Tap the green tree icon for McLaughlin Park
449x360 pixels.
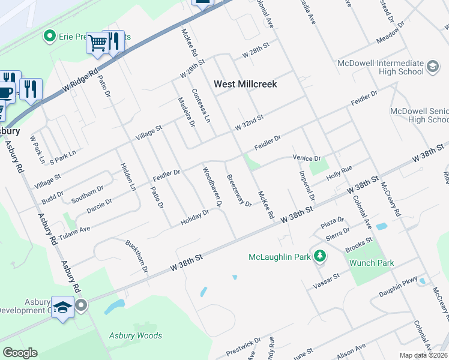[x=321, y=257]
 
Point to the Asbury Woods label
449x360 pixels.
[x=135, y=335]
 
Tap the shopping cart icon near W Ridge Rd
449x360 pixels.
[x=97, y=42]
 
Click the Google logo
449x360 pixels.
[x=20, y=353]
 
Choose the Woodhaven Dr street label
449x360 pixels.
[x=212, y=187]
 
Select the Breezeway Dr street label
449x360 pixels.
[x=238, y=190]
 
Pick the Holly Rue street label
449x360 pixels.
[x=338, y=174]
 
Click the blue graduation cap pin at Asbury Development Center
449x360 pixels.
[x=62, y=308]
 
